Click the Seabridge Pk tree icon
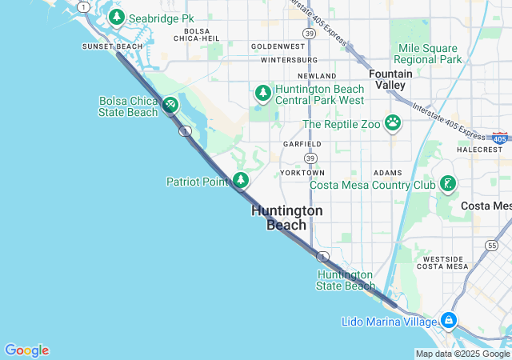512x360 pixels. click(117, 17)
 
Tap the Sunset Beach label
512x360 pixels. click(112, 46)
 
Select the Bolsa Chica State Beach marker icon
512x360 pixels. click(170, 105)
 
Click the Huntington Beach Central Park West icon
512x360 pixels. click(263, 93)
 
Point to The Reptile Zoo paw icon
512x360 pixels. click(393, 122)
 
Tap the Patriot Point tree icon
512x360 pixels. click(240, 180)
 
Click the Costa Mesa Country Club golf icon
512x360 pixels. click(448, 185)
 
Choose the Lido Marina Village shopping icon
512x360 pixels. click(449, 321)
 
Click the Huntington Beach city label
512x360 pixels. click(286, 218)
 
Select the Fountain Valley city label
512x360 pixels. click(391, 79)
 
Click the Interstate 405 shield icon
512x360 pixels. click(500, 139)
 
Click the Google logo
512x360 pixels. click(26, 350)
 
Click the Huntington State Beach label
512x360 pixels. click(346, 280)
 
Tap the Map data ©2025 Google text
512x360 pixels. click(462, 354)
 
